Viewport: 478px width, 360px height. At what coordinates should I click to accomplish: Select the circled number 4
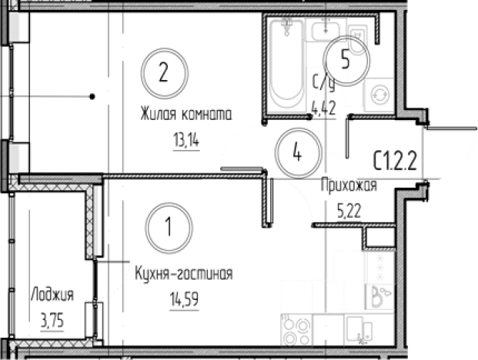[x=296, y=150]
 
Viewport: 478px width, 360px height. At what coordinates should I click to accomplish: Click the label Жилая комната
[x=186, y=116]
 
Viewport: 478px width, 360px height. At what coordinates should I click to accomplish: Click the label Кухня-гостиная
[x=182, y=273]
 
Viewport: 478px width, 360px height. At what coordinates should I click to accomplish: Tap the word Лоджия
[x=52, y=295]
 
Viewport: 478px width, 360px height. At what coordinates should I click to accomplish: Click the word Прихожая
[x=348, y=184]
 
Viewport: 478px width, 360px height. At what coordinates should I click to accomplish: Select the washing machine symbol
[x=379, y=95]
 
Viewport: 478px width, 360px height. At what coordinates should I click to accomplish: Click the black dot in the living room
[x=92, y=96]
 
